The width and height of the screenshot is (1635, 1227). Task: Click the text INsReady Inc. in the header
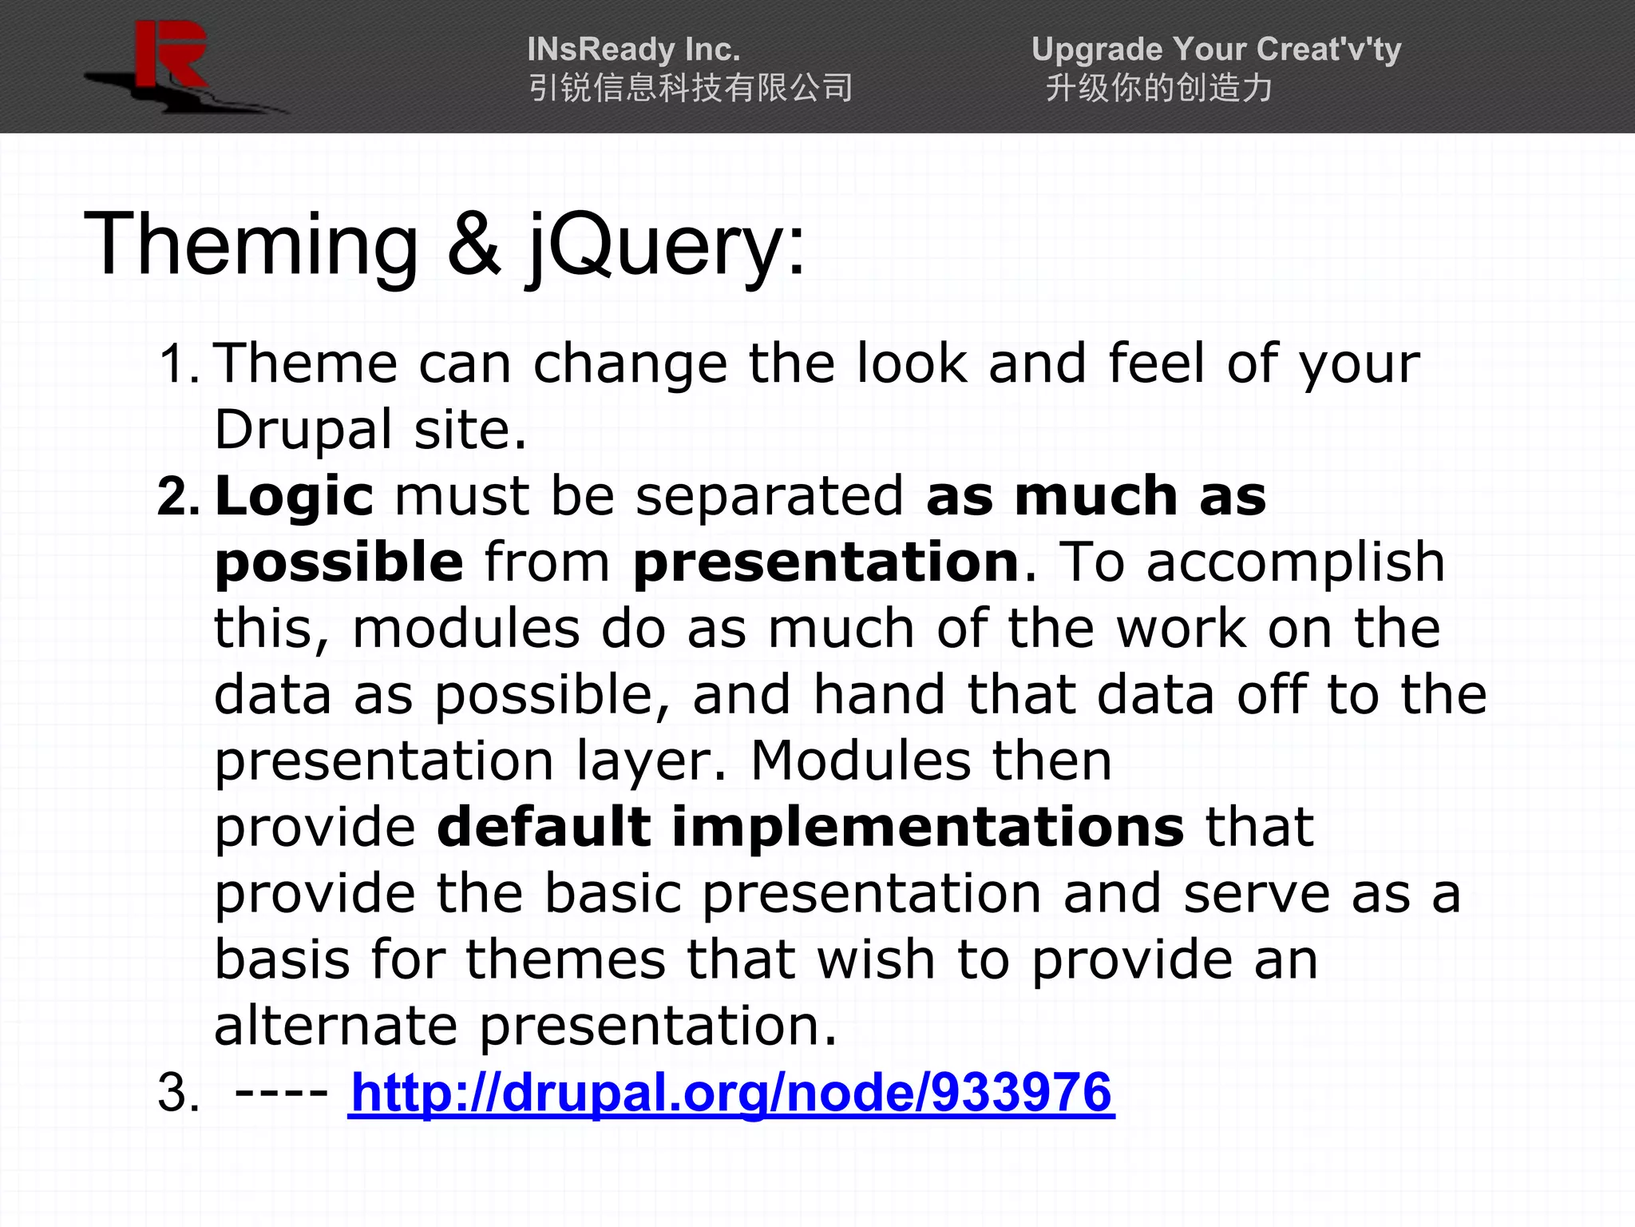[633, 50]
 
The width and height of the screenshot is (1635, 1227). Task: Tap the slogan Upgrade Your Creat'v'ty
[1215, 50]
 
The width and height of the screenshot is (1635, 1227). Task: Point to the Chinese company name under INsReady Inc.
[691, 88]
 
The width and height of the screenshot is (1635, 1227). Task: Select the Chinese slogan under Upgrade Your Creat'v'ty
[1158, 88]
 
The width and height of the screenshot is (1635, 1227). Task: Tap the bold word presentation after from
[826, 563]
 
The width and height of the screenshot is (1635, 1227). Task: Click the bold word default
[544, 827]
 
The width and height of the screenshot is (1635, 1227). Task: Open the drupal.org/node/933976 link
[730, 1093]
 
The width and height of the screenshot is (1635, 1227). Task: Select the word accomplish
[1295, 563]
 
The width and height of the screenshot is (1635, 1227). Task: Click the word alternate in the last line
[335, 1026]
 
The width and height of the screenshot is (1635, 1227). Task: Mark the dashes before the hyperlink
[281, 1093]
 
